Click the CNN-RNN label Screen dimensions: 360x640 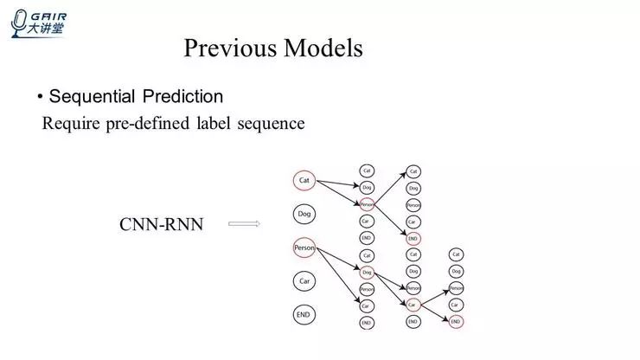[161, 225]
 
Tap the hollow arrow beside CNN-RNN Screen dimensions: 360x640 [244, 224]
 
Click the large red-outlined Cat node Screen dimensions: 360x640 [304, 180]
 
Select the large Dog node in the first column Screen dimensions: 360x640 [304, 213]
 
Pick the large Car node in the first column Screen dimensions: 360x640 [304, 281]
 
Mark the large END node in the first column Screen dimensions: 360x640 [304, 314]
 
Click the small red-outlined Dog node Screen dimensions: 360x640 [367, 272]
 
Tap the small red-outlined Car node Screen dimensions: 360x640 [413, 305]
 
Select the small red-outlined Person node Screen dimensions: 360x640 [367, 204]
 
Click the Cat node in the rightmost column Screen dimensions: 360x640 [456, 254]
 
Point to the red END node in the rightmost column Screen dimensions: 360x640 [456, 321]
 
